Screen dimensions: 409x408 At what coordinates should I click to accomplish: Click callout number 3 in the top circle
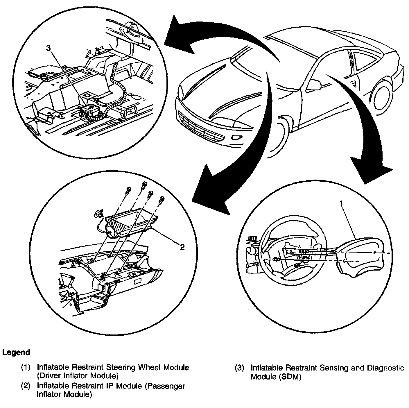pyautogui.click(x=49, y=49)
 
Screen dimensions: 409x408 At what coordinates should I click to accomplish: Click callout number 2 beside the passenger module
pyautogui.click(x=182, y=247)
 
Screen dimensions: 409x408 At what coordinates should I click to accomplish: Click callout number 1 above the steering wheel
pyautogui.click(x=341, y=204)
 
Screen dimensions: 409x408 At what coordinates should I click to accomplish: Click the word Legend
pyautogui.click(x=16, y=352)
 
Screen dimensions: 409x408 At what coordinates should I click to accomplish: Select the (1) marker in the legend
pyautogui.click(x=26, y=367)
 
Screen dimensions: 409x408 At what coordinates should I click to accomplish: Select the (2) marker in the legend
pyautogui.click(x=26, y=386)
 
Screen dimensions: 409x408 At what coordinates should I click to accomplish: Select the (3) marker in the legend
pyautogui.click(x=239, y=368)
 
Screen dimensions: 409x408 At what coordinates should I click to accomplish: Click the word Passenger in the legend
pyautogui.click(x=165, y=386)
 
